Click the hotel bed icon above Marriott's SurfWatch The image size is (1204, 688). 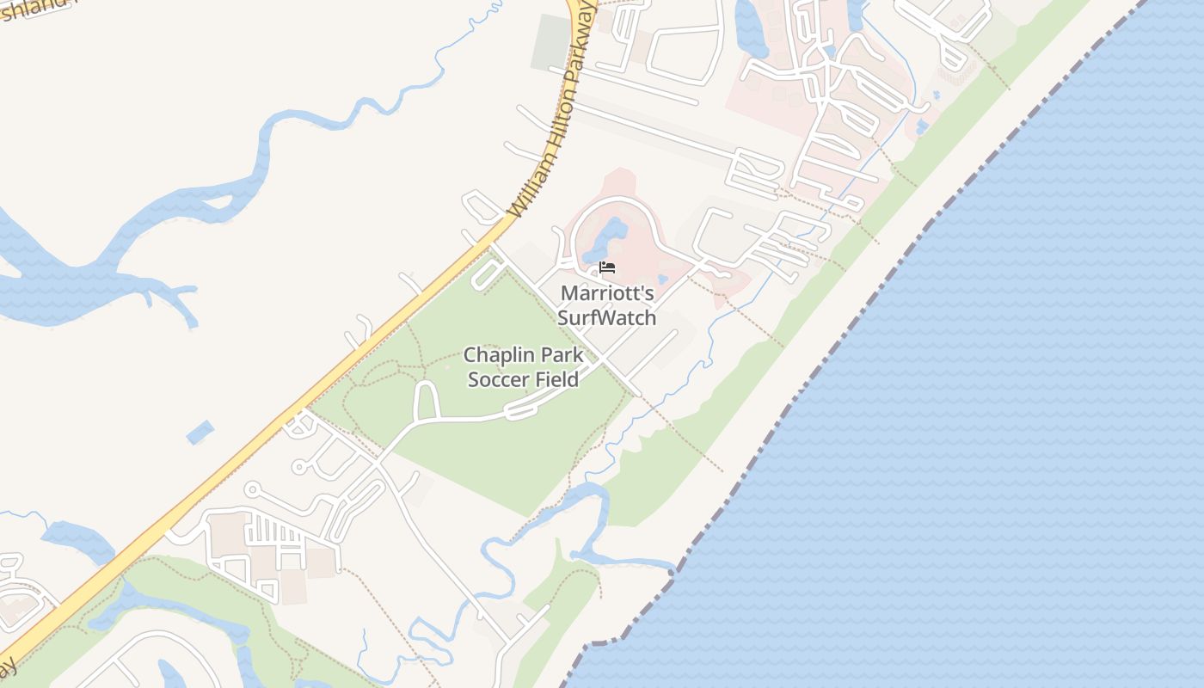(x=607, y=267)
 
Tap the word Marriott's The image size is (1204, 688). (x=607, y=293)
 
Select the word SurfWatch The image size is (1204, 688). (x=607, y=317)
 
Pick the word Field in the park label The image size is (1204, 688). (x=556, y=378)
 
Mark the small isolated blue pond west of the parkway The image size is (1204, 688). (x=200, y=432)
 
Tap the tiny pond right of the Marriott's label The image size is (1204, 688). (x=662, y=279)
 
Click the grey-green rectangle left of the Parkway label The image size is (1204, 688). (x=550, y=41)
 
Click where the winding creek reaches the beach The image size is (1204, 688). (x=671, y=566)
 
